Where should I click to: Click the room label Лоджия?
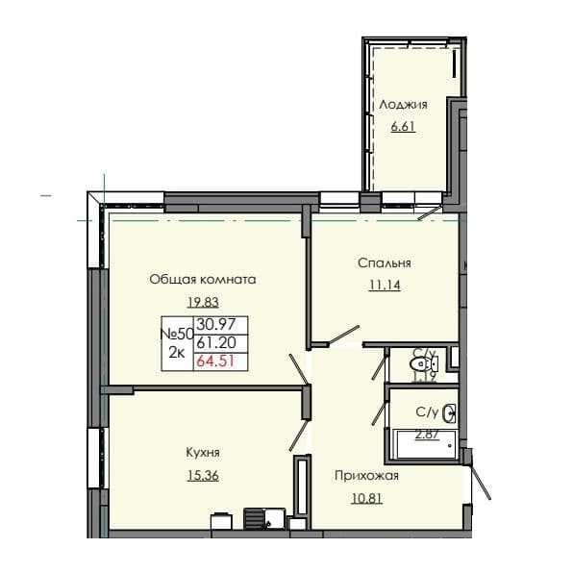pos(403,105)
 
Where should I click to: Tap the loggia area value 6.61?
pos(403,125)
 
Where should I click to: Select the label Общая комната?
pos(202,280)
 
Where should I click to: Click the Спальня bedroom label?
pos(384,262)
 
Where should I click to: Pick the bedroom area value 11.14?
pos(384,284)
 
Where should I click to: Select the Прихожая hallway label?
pos(365,476)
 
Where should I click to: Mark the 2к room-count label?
pos(177,352)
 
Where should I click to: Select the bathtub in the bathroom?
pos(424,444)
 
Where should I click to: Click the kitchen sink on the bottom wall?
pos(257,518)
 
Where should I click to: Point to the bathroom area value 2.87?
pos(426,434)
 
